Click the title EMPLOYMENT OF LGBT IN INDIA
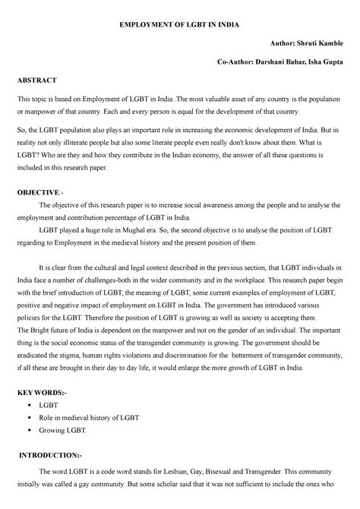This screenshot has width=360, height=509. tap(180, 24)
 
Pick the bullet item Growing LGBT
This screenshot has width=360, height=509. tap(67, 430)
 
